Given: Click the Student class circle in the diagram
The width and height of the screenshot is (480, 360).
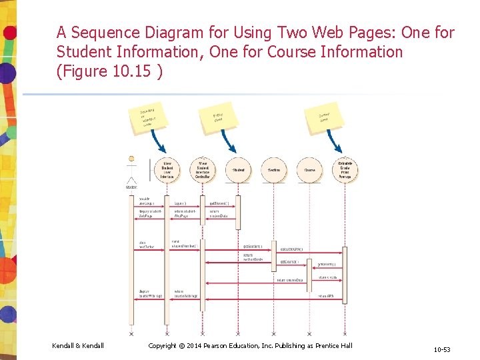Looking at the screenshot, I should tap(238, 170).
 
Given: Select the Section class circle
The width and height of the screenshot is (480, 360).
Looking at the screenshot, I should tap(274, 170).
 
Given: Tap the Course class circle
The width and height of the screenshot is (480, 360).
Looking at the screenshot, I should tap(309, 170).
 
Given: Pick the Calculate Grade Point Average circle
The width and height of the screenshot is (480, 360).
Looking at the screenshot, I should tap(345, 170).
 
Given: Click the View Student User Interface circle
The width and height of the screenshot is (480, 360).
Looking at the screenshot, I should tap(167, 170).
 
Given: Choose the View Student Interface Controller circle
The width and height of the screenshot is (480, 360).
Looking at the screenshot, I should tap(203, 170).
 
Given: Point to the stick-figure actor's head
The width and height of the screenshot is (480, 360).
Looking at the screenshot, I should tap(131, 159).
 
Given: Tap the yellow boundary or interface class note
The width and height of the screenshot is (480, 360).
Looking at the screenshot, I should tap(147, 117).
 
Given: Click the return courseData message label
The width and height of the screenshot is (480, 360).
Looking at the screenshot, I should tap(289, 280).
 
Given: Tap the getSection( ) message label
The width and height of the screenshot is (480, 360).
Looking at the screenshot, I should tap(289, 261).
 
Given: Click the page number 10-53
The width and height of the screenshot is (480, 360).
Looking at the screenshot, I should tap(441, 349).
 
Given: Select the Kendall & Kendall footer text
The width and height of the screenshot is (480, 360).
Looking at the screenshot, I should tap(78, 345).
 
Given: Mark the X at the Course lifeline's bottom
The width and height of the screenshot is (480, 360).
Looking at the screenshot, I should tap(309, 333).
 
